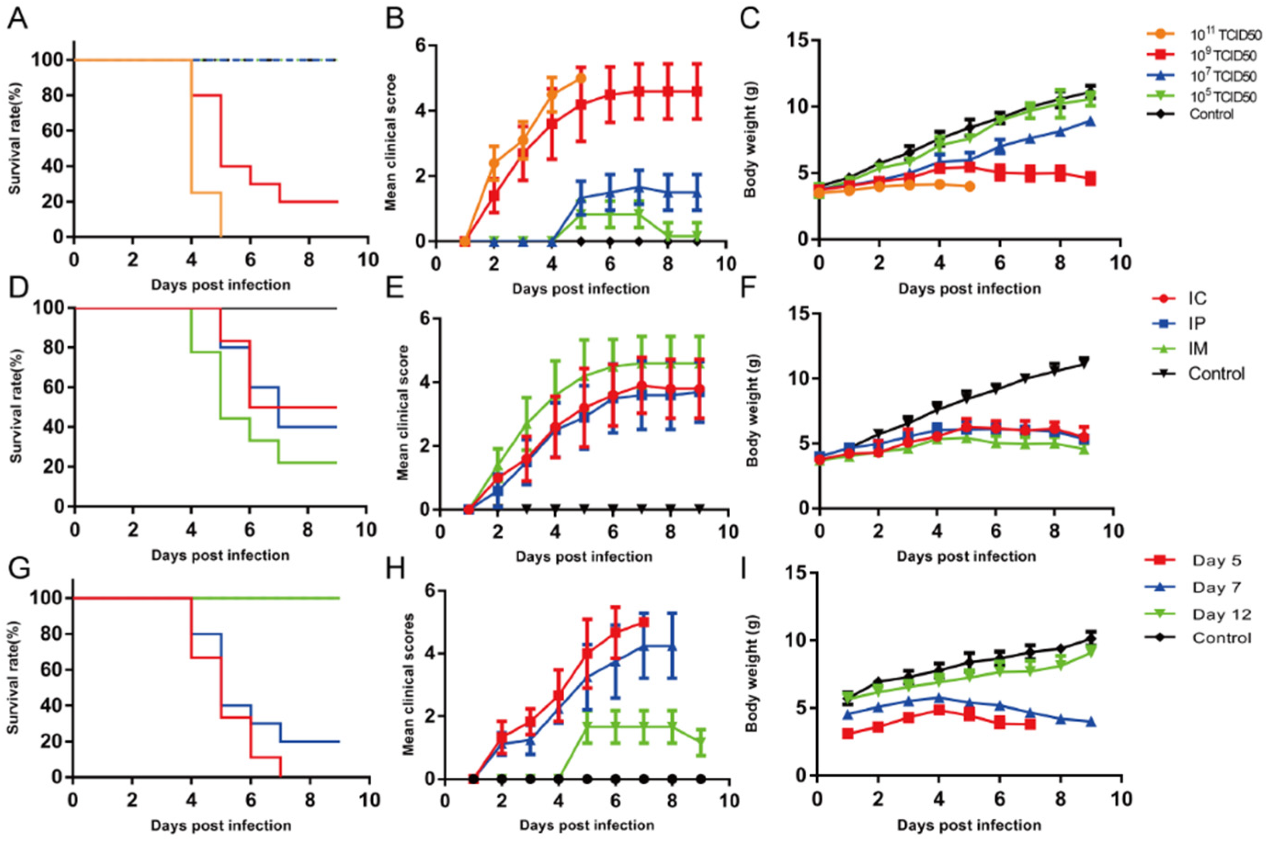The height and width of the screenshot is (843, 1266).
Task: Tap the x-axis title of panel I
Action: coord(969,825)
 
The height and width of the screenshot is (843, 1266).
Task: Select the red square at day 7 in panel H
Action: coord(643,623)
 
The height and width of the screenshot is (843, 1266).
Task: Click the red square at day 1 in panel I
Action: coord(848,733)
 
